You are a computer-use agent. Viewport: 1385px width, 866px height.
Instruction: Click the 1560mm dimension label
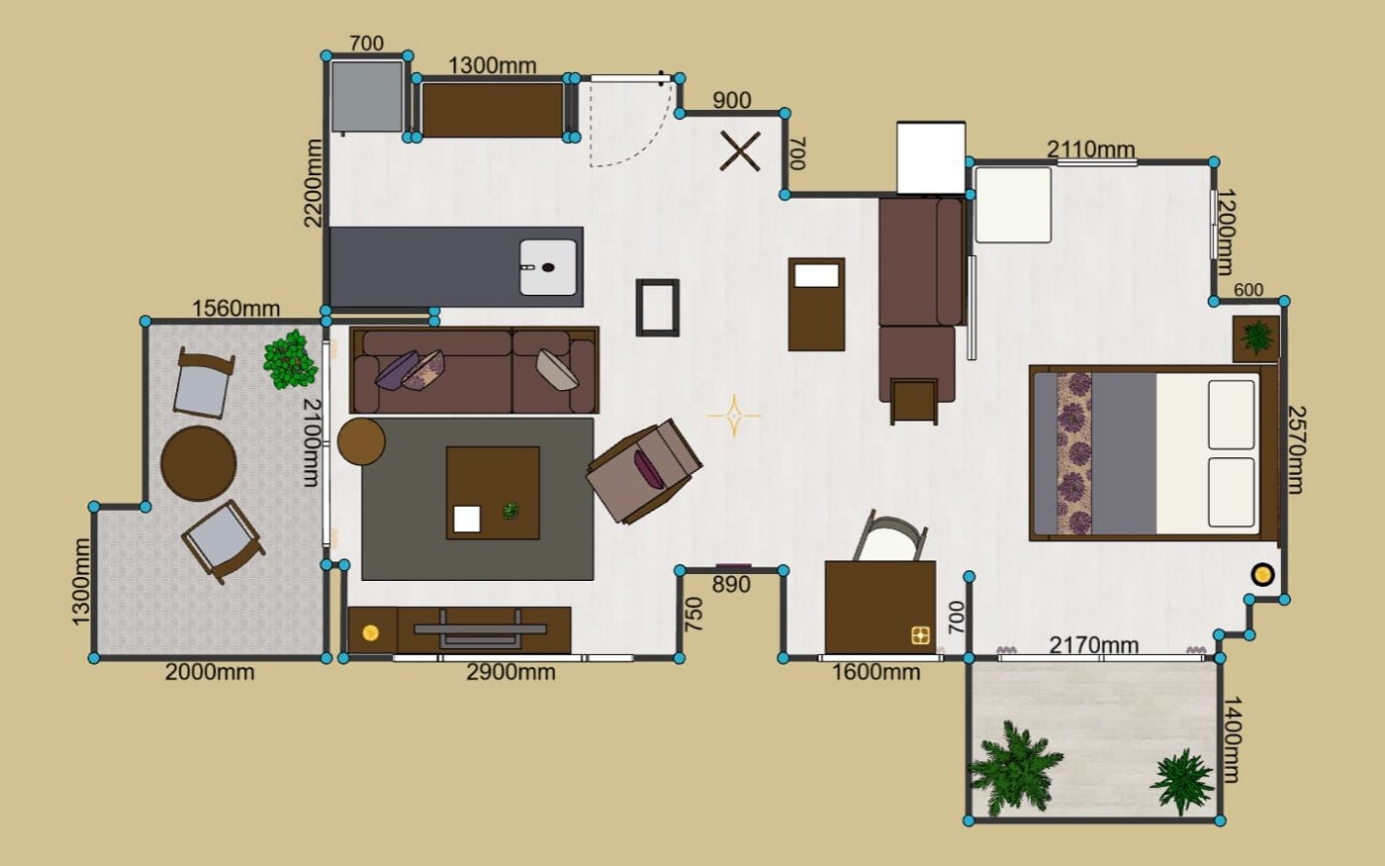235,308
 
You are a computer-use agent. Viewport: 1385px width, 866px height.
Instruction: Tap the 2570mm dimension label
1297,449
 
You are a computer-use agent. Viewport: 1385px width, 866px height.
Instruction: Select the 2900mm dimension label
510,672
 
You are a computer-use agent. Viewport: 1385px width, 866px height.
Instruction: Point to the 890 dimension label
731,585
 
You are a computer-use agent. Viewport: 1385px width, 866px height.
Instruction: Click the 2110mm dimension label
1090,149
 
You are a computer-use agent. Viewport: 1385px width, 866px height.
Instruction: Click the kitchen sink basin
548,267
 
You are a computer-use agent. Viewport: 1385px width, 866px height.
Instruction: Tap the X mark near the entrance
740,150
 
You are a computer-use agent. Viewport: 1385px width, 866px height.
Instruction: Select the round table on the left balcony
199,463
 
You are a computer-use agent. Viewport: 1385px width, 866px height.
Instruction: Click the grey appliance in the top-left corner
367,97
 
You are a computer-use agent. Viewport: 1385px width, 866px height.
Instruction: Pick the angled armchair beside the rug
644,471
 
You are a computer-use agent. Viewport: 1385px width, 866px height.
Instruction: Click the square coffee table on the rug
493,493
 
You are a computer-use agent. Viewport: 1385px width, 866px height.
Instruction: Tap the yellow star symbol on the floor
734,416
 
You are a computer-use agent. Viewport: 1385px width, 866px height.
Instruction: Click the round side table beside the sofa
362,441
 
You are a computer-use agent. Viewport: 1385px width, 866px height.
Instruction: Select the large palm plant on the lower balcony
1014,767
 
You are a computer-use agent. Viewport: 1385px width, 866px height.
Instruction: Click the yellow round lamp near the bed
1262,575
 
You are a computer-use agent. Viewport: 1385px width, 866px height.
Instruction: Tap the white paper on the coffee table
467,519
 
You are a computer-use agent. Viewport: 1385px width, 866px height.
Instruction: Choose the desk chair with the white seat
890,536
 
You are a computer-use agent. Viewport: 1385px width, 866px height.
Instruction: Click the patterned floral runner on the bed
1074,453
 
